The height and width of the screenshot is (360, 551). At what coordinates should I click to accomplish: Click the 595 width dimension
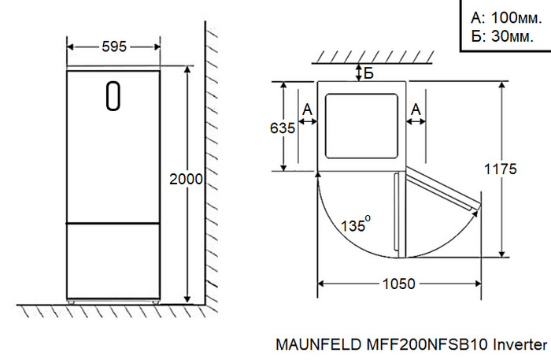pyautogui.click(x=114, y=46)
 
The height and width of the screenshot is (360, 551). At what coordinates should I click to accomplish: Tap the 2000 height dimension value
pyautogui.click(x=187, y=179)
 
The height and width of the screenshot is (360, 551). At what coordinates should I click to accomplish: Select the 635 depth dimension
pyautogui.click(x=282, y=128)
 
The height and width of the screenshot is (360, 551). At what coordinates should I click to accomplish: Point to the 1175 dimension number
pyautogui.click(x=500, y=169)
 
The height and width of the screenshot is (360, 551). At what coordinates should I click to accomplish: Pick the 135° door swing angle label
pyautogui.click(x=354, y=225)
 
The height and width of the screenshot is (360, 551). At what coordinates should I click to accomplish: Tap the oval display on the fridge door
pyautogui.click(x=113, y=96)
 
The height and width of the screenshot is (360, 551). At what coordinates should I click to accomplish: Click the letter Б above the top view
pyautogui.click(x=368, y=74)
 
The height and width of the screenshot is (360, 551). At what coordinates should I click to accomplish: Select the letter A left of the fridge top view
pyautogui.click(x=307, y=108)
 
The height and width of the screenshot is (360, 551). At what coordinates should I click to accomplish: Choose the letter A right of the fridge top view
pyautogui.click(x=416, y=108)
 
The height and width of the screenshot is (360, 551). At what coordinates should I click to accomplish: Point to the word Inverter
pyautogui.click(x=520, y=345)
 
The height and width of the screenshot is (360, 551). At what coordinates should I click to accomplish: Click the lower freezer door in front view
pyautogui.click(x=114, y=260)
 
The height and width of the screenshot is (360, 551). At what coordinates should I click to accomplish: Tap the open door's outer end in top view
pyautogui.click(x=475, y=206)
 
